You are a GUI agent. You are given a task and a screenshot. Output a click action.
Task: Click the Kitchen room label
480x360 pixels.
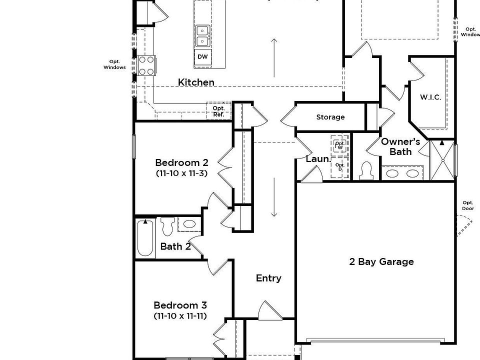point(196,82)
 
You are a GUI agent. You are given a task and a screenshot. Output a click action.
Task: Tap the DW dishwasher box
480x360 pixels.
point(202,57)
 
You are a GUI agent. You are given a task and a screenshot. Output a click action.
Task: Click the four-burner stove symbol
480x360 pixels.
point(146,65)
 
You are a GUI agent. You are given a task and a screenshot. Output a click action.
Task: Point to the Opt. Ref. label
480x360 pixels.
point(219,111)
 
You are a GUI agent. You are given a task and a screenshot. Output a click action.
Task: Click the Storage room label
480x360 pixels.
point(330,117)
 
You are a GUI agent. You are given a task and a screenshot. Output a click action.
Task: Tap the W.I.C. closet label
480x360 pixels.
point(430,97)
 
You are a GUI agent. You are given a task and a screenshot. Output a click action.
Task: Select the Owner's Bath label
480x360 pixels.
point(400,146)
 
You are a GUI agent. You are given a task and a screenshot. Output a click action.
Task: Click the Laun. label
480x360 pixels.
point(318,159)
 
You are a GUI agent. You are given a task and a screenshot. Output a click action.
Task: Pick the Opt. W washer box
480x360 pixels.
point(340,145)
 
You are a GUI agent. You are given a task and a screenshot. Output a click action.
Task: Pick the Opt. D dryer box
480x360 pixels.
point(340,167)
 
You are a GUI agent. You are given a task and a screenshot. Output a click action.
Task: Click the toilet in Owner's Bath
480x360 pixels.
point(366,171)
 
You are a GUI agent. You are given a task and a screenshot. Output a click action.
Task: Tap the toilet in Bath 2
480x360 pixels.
point(167,226)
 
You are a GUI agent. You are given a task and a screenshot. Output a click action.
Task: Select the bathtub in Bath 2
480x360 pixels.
point(145,238)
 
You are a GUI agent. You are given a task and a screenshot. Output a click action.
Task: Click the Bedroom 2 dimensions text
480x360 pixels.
point(181,173)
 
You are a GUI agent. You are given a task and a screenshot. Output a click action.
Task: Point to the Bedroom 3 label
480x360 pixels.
point(180,305)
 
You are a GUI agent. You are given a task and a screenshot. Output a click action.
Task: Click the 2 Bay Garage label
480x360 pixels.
point(381,261)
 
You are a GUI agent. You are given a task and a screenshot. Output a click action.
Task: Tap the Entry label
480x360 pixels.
point(268,278)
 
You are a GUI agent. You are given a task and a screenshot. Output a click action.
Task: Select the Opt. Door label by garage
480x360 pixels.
point(468,205)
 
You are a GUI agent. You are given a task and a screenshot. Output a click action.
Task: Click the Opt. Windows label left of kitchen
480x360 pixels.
point(115,64)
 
